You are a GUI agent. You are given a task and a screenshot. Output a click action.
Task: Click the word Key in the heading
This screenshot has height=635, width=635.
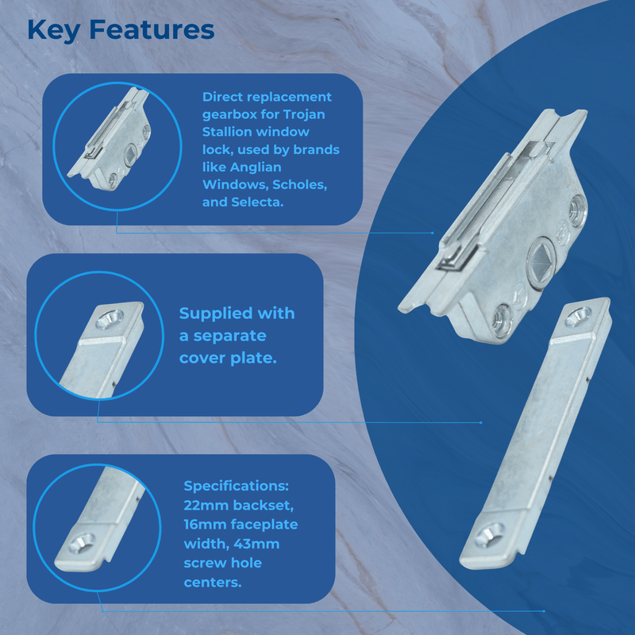click(x=54, y=31)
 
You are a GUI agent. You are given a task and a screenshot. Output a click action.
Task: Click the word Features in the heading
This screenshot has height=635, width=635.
click(x=152, y=30)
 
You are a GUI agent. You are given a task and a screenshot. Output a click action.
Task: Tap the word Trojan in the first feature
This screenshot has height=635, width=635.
click(x=304, y=114)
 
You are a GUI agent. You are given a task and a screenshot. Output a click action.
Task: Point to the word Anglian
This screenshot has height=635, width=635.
click(x=256, y=167)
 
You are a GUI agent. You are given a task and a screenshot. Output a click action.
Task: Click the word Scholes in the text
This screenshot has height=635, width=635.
click(x=299, y=185)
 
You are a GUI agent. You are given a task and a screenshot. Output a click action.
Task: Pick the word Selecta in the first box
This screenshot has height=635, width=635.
click(x=257, y=202)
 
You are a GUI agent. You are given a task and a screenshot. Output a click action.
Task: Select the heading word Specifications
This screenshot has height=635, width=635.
click(x=236, y=487)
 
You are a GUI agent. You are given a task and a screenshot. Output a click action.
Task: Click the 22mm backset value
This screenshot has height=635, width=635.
click(x=208, y=506)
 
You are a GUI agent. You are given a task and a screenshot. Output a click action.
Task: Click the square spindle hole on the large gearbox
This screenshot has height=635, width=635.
click(x=541, y=260)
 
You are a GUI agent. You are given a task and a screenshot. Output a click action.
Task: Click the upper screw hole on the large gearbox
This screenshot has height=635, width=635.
click(x=578, y=208)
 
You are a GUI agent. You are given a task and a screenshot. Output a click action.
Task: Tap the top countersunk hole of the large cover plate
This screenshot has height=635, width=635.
click(x=578, y=317)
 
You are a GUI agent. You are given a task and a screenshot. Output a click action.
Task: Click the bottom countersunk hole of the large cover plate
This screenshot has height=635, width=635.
click(x=490, y=534)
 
